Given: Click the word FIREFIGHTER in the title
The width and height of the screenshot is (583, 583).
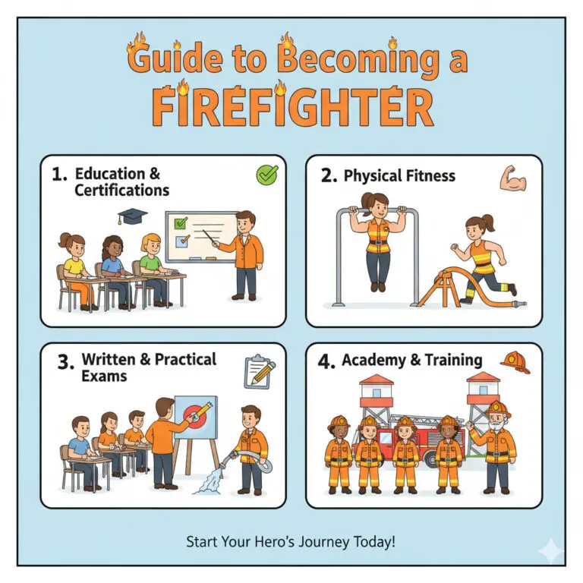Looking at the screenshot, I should pos(292,107).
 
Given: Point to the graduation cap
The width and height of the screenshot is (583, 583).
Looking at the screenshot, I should pos(131,216).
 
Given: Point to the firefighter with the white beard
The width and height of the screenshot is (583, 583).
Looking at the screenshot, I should pos(497,444).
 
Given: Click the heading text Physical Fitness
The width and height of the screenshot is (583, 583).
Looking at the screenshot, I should pos(399,176).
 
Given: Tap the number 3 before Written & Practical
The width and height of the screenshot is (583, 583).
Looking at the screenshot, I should pos(65,363).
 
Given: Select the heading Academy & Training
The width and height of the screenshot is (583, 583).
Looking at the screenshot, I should pos(411,360).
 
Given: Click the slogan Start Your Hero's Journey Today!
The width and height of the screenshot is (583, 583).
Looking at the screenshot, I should pos(291,542).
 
